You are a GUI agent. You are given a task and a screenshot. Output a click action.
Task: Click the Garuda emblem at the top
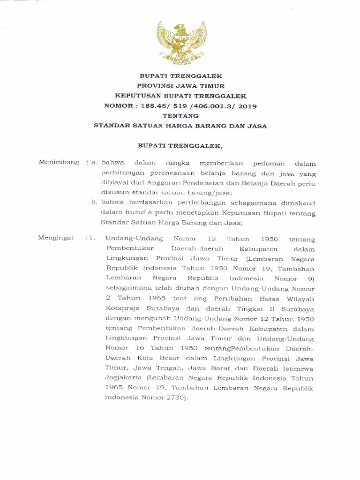180,43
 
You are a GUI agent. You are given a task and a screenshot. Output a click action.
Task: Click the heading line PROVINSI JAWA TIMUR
180,86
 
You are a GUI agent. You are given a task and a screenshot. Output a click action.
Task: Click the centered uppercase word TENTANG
180,116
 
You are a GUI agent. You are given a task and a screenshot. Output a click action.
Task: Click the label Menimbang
59,163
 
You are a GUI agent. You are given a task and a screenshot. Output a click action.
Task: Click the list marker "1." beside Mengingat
91,238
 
